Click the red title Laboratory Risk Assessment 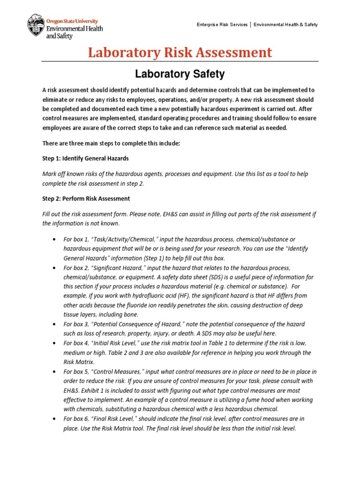pos(180,52)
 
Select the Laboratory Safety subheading pos(180,74)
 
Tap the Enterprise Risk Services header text pos(222,24)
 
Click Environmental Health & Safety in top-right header pos(285,24)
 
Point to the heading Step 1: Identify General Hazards pos(85,158)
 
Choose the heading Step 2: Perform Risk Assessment pos(86,198)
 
